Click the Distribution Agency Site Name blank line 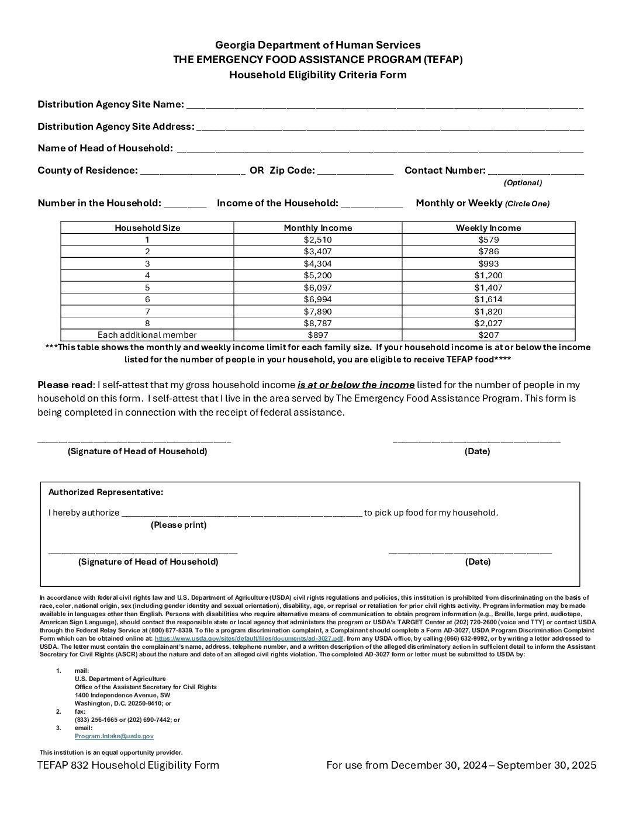point(385,106)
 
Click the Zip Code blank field point(355,172)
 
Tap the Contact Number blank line point(535,172)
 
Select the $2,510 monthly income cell point(317,240)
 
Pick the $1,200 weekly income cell point(488,275)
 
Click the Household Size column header point(147,228)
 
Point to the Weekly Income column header point(488,228)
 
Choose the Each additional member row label point(147,335)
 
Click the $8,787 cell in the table point(317,323)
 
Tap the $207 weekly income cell point(488,335)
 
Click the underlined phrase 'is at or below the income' point(356,385)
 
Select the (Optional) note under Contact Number point(523,182)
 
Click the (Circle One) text point(527,204)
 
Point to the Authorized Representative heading point(106,492)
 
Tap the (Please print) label point(178,525)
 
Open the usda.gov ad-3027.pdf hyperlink point(248,639)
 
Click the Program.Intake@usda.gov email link point(114,736)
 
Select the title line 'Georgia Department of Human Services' point(317,45)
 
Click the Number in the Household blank point(185,205)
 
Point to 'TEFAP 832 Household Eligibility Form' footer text point(128,765)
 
